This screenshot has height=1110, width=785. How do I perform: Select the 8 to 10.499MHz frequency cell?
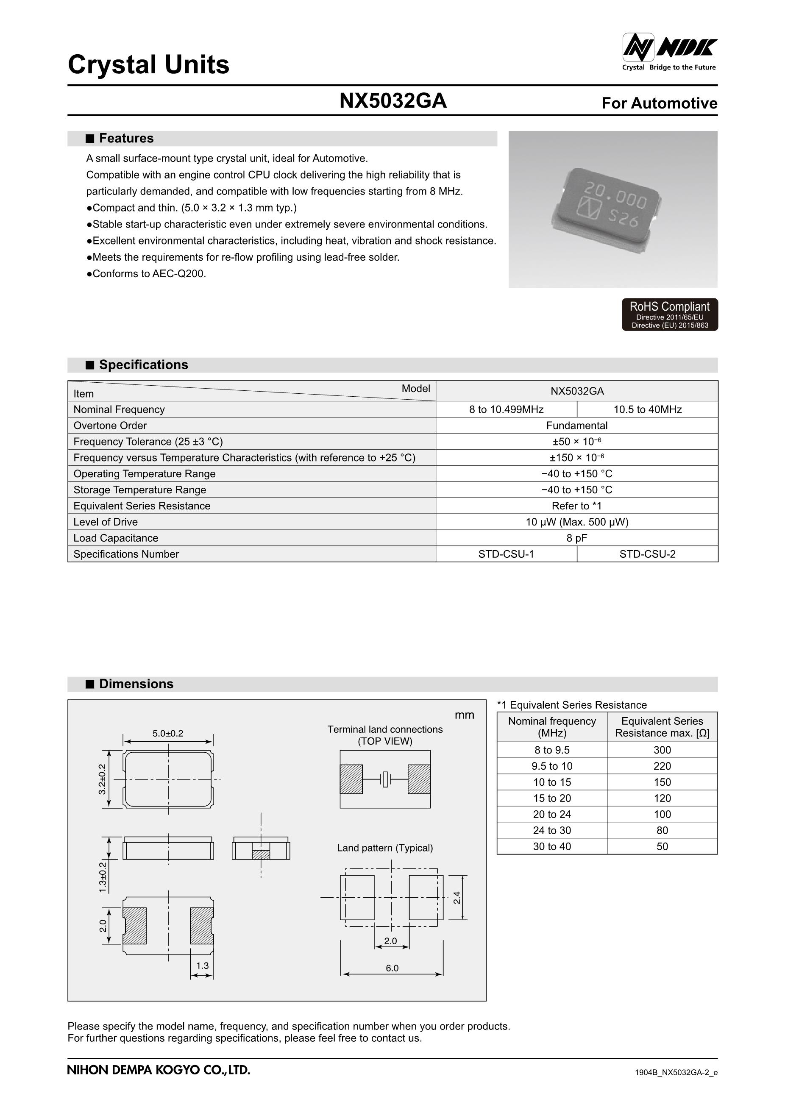pyautogui.click(x=506, y=409)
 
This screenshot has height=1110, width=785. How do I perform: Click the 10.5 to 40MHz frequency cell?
pyautogui.click(x=647, y=409)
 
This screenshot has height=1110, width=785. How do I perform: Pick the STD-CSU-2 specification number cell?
pyautogui.click(x=647, y=554)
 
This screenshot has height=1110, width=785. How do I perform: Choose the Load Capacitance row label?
pyautogui.click(x=116, y=538)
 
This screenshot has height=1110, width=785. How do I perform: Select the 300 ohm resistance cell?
pyautogui.click(x=662, y=750)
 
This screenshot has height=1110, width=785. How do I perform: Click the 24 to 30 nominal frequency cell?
pyautogui.click(x=551, y=830)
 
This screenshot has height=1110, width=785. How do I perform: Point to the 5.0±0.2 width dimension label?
pyautogui.click(x=168, y=733)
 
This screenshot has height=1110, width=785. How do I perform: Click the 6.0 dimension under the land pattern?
pyautogui.click(x=392, y=968)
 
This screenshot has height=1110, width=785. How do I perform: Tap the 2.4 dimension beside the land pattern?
pyautogui.click(x=457, y=898)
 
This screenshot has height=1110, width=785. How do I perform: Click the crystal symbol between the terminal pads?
pyautogui.click(x=385, y=779)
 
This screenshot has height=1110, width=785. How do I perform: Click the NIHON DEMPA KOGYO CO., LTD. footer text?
pyautogui.click(x=159, y=1070)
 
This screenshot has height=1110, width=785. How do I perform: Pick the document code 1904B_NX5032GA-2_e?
pyautogui.click(x=676, y=1073)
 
